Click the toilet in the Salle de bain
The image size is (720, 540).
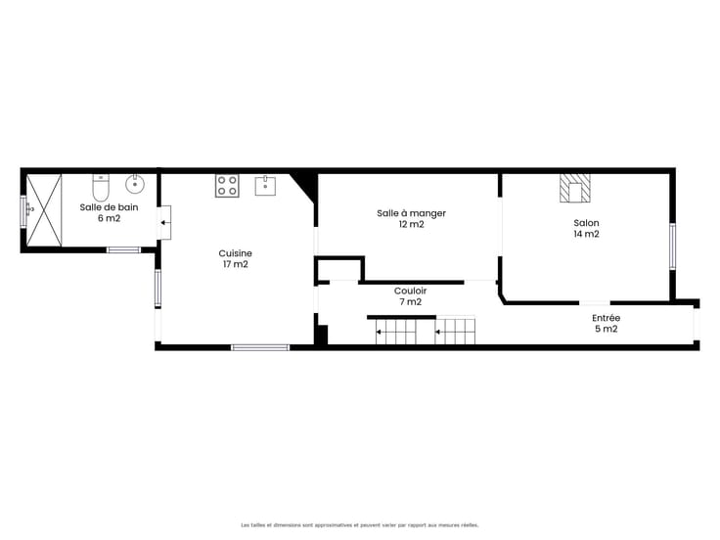[101, 188]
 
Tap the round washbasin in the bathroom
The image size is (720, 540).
[135, 184]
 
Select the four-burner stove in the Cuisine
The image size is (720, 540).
[227, 186]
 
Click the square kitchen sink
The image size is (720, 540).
[265, 186]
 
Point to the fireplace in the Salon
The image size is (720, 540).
[575, 188]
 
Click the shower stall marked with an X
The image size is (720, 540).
[44, 210]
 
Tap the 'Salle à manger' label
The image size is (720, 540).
[412, 213]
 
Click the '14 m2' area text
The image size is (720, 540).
[586, 234]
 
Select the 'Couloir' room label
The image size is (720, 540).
[411, 291]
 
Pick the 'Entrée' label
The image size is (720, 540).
[607, 318]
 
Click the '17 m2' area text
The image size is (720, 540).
[236, 264]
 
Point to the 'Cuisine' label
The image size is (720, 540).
[236, 253]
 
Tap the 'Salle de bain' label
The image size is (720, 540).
[109, 207]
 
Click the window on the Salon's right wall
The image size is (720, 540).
[673, 247]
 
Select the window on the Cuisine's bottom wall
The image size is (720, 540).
[260, 347]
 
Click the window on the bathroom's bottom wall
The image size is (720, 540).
[123, 249]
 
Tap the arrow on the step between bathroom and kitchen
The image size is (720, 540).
[165, 223]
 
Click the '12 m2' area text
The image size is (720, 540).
[412, 224]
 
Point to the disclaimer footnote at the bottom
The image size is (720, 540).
[360, 525]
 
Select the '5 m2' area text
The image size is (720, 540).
[607, 329]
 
